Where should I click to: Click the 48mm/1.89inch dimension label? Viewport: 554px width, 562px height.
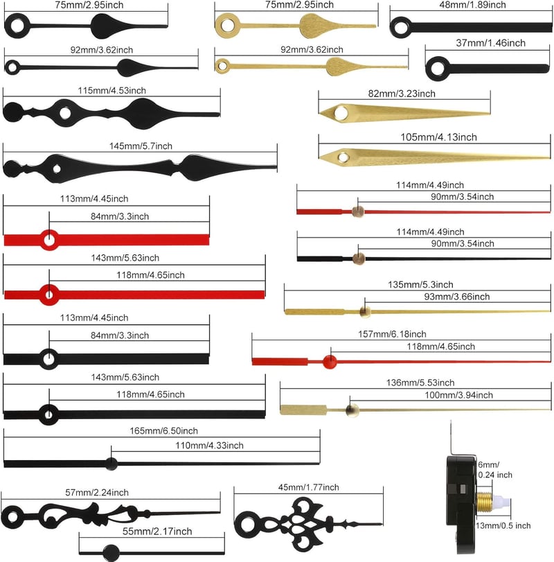tap(472, 5)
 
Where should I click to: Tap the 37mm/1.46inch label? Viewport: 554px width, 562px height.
tap(490, 43)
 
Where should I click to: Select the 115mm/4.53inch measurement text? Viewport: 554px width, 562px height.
tap(112, 91)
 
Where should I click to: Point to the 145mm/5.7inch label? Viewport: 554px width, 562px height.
tap(141, 146)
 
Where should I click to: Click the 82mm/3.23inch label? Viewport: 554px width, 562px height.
tap(402, 94)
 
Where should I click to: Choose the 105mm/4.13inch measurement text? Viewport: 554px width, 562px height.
tap(438, 137)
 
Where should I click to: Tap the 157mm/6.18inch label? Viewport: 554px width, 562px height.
tap(392, 335)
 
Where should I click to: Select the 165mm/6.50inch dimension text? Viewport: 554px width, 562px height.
tap(163, 431)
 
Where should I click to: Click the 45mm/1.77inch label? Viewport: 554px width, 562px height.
tap(309, 487)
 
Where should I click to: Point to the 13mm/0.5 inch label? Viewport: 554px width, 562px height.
tap(503, 526)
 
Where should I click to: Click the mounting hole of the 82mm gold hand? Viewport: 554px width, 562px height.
tap(341, 113)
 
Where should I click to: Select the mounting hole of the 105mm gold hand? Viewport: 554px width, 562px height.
tap(343, 157)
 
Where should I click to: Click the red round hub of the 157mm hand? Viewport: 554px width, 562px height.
tap(330, 362)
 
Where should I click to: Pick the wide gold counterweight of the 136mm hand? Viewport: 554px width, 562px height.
tap(303, 410)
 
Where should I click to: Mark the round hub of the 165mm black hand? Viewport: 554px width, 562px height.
tap(111, 464)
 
